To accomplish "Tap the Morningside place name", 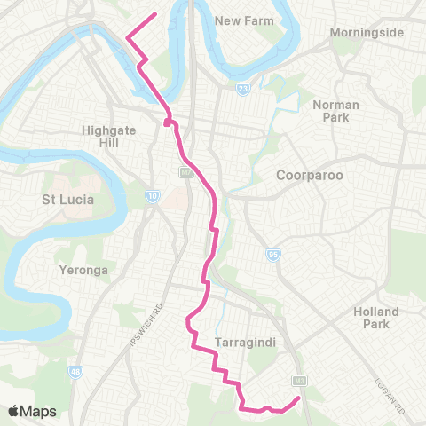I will click(x=367, y=33).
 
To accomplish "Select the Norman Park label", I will click(x=335, y=111).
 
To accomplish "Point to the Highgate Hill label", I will click(x=106, y=135).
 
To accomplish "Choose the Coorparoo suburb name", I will click(x=309, y=175).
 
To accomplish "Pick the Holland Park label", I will click(x=376, y=318).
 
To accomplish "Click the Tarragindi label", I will click(x=242, y=342).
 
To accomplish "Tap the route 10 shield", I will click(x=153, y=196).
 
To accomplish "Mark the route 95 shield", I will click(x=273, y=256).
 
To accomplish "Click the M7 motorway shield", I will click(x=185, y=171).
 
